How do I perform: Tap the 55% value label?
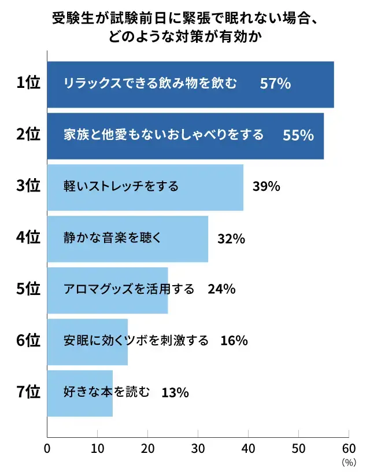point(298,135)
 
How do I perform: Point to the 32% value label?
point(231,238)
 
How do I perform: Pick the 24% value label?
point(221,289)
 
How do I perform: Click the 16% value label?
point(234,341)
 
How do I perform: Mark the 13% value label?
point(175,393)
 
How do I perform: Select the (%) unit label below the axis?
point(349,462)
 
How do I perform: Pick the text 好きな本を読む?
point(107,393)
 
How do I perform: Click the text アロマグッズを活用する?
point(129,289)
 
